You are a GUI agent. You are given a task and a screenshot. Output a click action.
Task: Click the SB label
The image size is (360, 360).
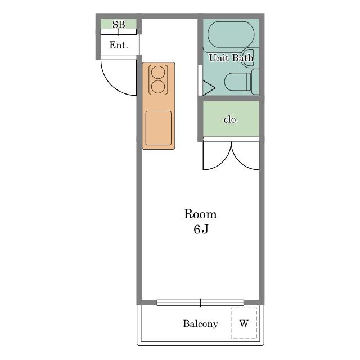click(x=119, y=24)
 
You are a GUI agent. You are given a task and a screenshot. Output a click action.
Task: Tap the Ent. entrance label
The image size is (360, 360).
click(x=119, y=45)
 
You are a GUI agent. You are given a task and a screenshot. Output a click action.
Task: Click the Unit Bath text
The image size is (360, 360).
click(x=231, y=57)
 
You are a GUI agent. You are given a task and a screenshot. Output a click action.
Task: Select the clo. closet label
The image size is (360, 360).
click(x=231, y=119)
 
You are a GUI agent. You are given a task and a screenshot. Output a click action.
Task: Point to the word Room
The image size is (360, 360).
click(x=200, y=214)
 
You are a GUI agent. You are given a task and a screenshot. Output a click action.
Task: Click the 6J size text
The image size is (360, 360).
click(x=201, y=229)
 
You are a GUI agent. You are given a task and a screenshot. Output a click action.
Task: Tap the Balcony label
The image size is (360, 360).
click(x=200, y=324)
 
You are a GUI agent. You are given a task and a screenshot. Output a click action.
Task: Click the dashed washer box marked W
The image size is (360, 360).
click(x=244, y=323)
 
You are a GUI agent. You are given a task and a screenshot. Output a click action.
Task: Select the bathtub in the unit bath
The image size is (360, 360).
click(x=231, y=35)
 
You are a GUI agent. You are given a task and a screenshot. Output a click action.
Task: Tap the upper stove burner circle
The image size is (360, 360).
click(x=158, y=72)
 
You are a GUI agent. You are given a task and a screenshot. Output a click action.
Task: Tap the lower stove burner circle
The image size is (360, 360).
click(x=158, y=87)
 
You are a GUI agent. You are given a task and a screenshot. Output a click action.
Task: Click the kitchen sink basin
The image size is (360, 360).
click(x=159, y=128)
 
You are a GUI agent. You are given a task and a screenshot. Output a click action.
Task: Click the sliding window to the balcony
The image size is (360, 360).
click(x=200, y=303)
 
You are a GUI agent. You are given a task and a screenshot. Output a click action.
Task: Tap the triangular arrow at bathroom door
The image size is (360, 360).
click(x=209, y=88)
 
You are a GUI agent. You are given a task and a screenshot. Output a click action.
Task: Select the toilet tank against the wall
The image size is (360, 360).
click(x=255, y=82)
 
